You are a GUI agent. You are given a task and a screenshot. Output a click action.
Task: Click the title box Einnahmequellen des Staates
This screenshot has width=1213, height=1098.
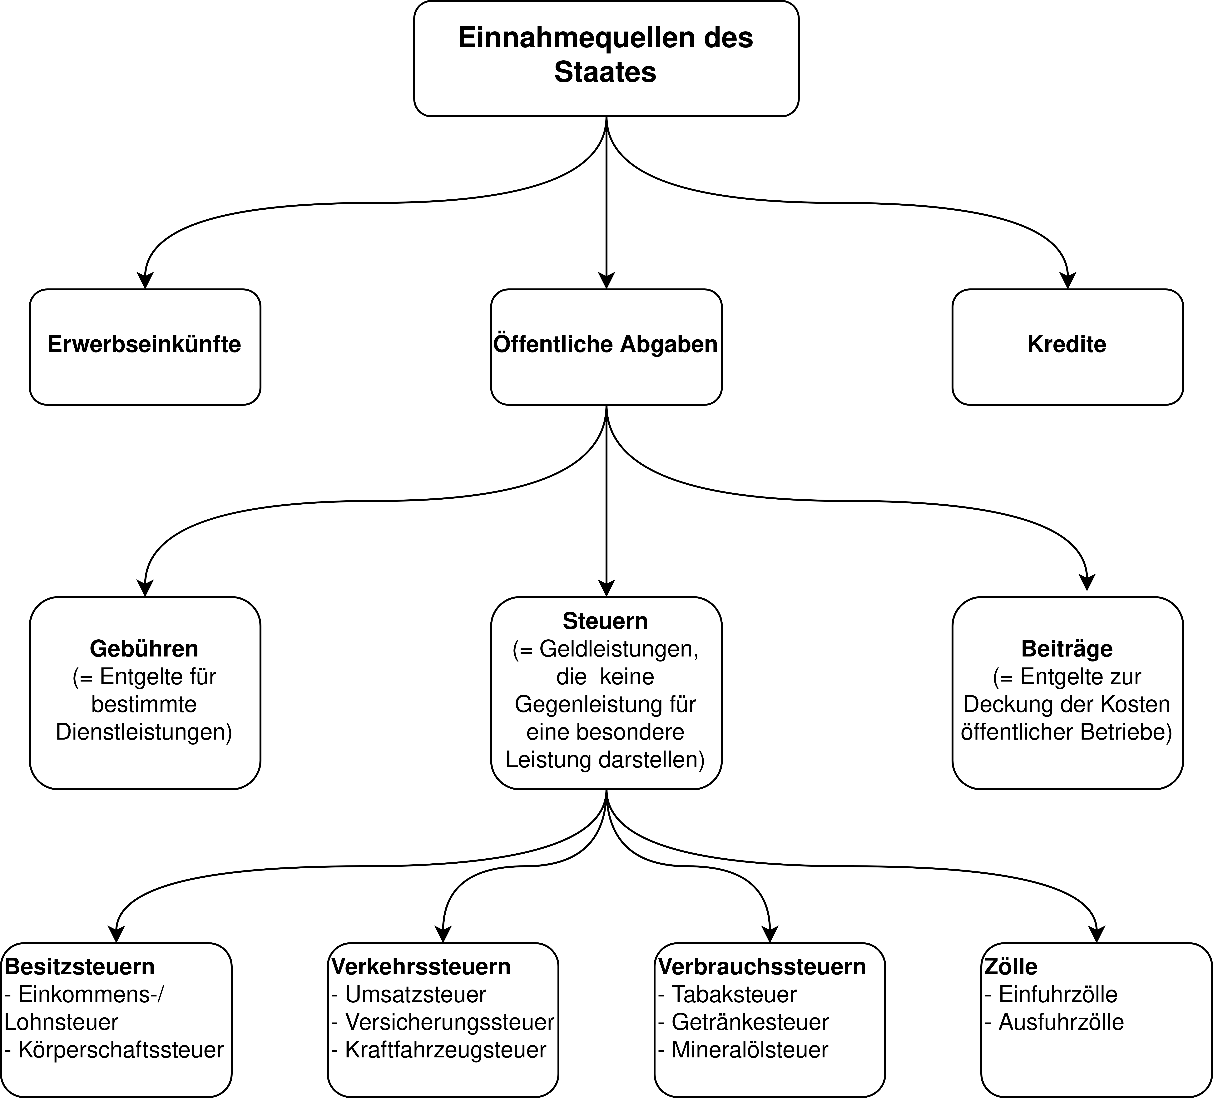click(606, 58)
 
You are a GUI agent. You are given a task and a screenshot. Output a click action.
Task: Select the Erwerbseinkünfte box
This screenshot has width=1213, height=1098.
click(145, 347)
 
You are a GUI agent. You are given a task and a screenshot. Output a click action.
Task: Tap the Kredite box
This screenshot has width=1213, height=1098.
click(1067, 347)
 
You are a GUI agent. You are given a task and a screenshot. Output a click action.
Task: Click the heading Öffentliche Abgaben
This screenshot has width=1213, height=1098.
click(606, 344)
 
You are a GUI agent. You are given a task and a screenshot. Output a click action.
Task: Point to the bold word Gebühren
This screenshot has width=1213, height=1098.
click(144, 649)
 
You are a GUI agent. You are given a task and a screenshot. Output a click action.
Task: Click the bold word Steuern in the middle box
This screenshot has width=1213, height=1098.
click(605, 621)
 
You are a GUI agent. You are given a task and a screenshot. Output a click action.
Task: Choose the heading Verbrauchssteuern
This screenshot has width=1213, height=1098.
click(762, 967)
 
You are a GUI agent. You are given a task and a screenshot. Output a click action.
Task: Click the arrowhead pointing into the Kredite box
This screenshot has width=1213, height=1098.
click(1067, 281)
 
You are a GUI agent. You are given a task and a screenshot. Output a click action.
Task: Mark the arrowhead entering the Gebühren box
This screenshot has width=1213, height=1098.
click(145, 588)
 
